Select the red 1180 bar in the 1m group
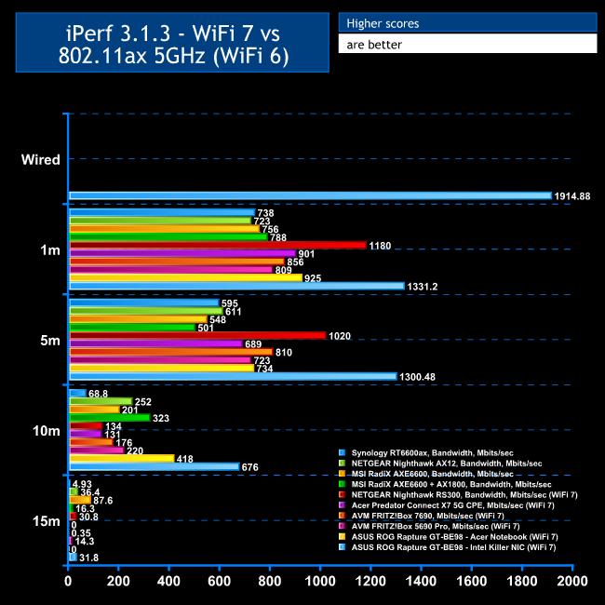[217, 245]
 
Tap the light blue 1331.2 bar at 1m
[236, 286]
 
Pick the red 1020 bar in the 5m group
[197, 335]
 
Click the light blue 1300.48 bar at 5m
[233, 376]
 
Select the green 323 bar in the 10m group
[110, 418]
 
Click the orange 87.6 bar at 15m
[80, 500]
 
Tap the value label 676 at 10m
[250, 466]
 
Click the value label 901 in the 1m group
[307, 253]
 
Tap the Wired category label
[41, 159]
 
